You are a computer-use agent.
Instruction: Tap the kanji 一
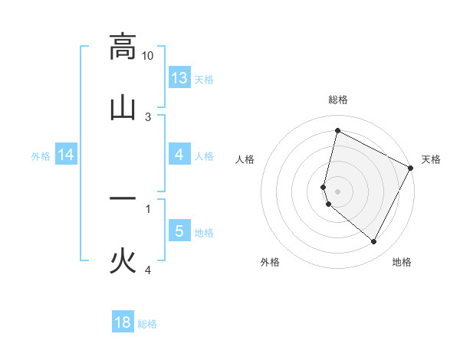tap(123, 198)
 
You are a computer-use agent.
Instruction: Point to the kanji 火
tap(123, 260)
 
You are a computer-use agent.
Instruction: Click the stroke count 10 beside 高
tap(148, 56)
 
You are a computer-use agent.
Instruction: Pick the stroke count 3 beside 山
tap(148, 117)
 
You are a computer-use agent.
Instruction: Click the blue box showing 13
tap(179, 77)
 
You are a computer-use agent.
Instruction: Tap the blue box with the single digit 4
tap(179, 155)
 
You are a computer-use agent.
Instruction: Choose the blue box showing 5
tap(179, 231)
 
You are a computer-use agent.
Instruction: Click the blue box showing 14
tap(66, 155)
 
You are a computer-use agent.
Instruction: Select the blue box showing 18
tap(123, 322)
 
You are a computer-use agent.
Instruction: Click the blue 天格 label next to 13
tap(203, 79)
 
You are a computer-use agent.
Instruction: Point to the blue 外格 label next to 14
tap(41, 156)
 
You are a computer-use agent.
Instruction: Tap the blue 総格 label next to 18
tap(147, 324)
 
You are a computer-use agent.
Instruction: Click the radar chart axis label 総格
tap(338, 100)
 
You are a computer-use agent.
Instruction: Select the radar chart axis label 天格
tap(431, 159)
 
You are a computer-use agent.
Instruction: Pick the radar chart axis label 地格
tap(402, 262)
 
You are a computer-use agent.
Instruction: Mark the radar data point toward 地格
tap(374, 241)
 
